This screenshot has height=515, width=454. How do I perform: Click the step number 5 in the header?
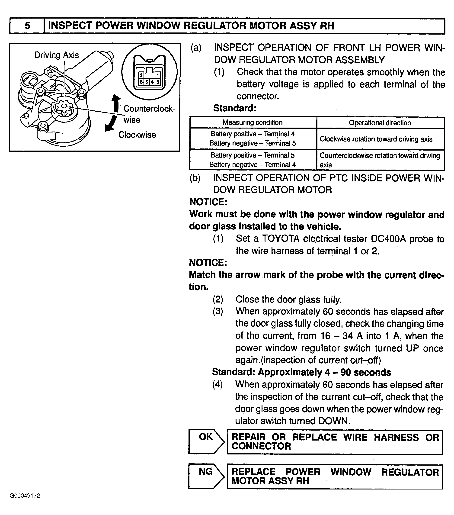pos(27,26)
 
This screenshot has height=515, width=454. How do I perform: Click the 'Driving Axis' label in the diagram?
pos(56,55)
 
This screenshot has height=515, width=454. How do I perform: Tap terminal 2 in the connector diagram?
pos(141,75)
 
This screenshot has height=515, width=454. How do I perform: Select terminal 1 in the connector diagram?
pos(157,75)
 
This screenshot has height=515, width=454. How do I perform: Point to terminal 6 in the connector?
pos(141,82)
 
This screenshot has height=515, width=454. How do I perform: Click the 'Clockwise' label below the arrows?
pos(137,135)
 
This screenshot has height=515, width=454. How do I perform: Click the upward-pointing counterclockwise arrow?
pos(116,103)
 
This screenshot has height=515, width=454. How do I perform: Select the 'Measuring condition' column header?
pos(253,123)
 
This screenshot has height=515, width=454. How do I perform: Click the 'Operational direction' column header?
pos(380,123)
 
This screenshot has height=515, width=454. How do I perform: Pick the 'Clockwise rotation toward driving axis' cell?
pos(376,139)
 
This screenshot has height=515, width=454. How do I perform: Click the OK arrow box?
pos(206,442)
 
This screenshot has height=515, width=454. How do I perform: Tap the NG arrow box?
pos(206,476)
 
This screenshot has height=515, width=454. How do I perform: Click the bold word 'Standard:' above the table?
pos(235,108)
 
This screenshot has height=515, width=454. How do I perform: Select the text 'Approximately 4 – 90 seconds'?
pos(324,372)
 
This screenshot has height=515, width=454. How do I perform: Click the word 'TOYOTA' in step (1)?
pos(281,239)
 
